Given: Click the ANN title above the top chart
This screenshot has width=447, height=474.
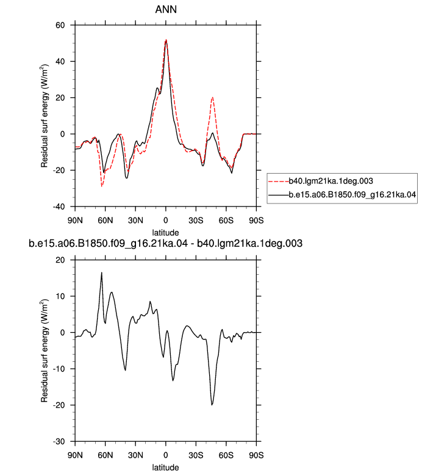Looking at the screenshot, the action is point(165,9).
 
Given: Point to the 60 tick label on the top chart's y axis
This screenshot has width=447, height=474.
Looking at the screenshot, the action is point(60,25).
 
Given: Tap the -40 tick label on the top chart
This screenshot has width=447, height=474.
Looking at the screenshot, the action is point(59,207).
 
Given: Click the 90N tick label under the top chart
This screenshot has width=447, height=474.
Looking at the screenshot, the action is point(75,221).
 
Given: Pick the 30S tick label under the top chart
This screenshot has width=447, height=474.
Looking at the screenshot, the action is point(196,221).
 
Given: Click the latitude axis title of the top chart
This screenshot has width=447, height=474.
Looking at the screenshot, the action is point(165,233).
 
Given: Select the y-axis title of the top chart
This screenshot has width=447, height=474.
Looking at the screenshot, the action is point(45,116).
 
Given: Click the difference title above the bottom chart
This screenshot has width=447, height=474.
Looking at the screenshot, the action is point(165,243).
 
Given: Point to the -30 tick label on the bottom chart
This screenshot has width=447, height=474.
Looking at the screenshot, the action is point(59,441).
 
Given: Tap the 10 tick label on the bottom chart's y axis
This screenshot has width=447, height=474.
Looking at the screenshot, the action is point(60,296).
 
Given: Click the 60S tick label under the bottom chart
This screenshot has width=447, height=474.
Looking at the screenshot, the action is point(226,455).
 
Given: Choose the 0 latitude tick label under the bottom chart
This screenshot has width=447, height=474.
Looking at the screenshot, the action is point(165,455).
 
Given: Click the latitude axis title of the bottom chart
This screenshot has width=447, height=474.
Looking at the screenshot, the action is point(165,467).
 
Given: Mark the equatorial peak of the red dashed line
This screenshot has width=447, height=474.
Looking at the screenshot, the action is point(166,40).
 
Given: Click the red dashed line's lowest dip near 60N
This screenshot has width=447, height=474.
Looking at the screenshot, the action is point(102,186).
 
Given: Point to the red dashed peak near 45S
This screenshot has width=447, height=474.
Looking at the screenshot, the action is point(213,97).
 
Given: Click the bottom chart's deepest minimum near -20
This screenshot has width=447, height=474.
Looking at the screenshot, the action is point(212,405).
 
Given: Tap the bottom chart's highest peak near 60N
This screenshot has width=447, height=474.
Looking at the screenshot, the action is point(102,272).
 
